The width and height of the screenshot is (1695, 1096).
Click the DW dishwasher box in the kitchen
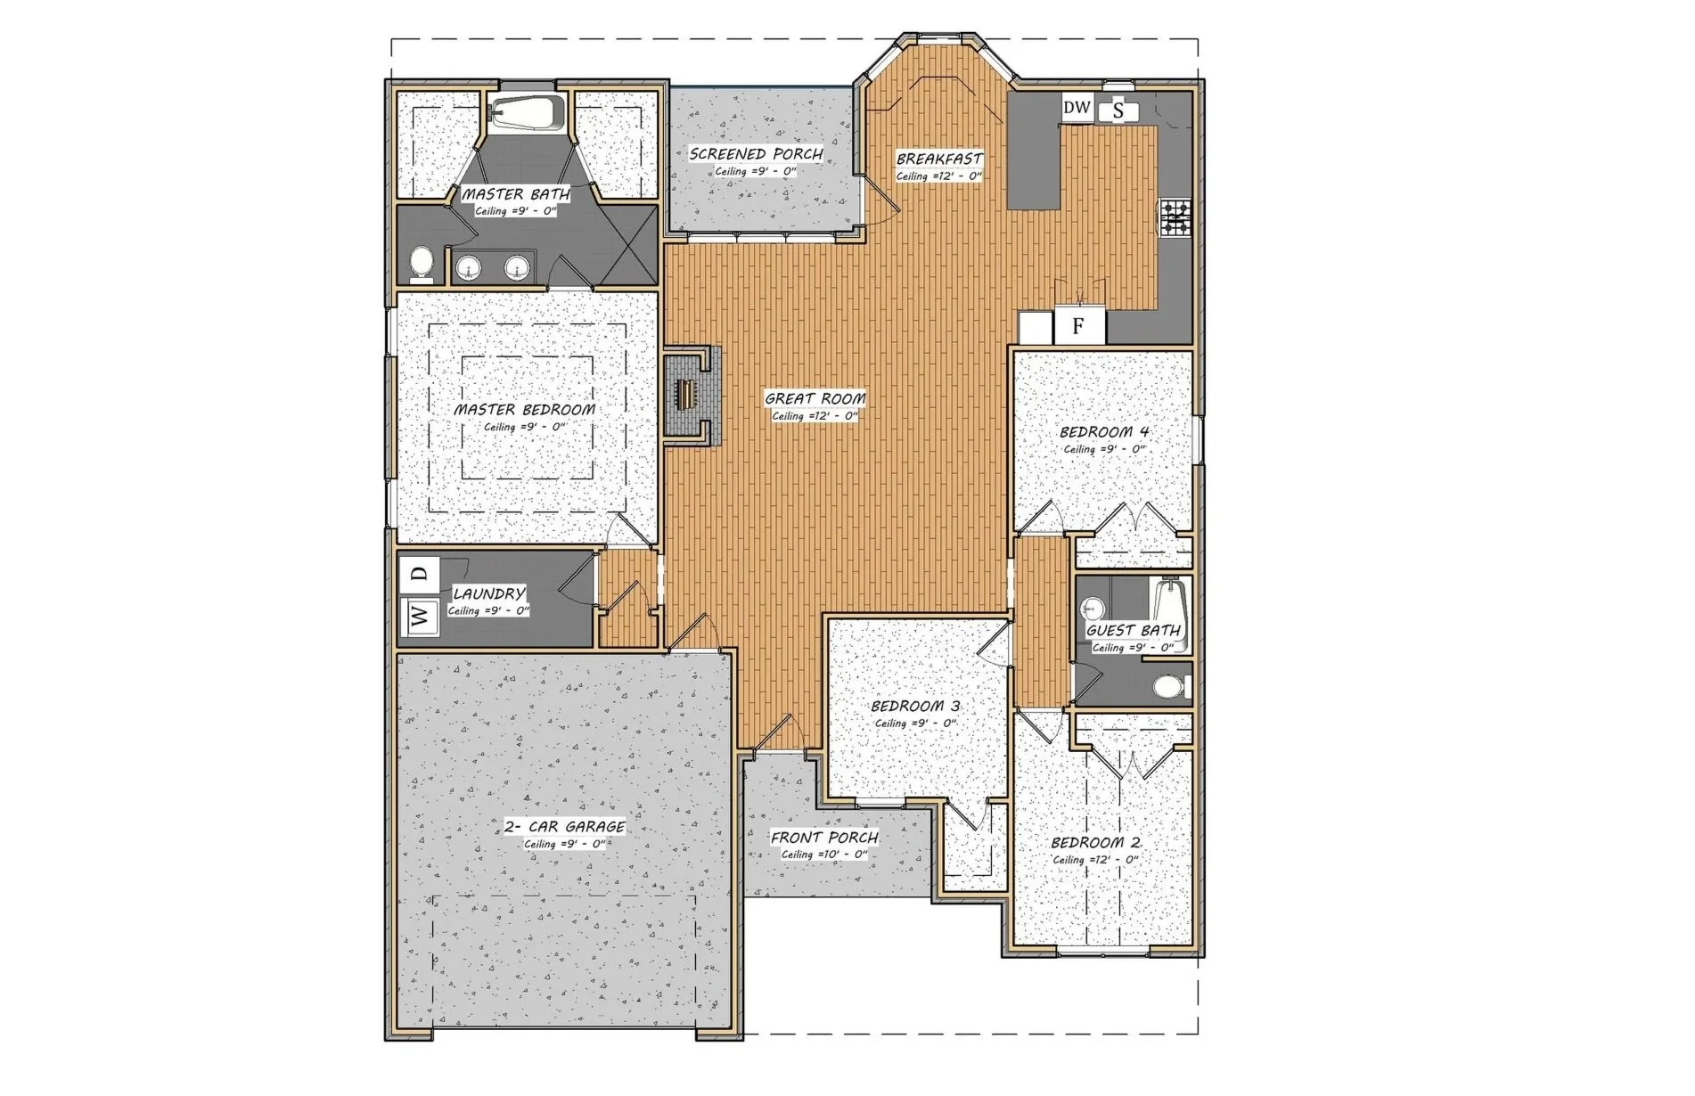click(x=1077, y=108)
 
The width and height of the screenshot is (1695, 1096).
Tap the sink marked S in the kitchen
click(x=1118, y=111)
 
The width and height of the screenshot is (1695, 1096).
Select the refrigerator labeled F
click(x=1078, y=326)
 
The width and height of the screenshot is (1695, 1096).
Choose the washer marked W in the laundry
click(x=421, y=615)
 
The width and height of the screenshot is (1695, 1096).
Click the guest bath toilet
click(x=1171, y=687)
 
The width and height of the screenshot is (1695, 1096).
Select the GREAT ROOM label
click(x=815, y=398)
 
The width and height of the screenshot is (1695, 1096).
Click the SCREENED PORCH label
click(x=756, y=154)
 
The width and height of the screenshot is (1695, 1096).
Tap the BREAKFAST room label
click(x=939, y=159)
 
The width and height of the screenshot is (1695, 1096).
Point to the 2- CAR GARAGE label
click(x=564, y=827)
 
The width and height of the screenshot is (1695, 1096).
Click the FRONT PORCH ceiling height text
click(x=824, y=855)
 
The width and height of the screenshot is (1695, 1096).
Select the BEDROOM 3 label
click(x=914, y=707)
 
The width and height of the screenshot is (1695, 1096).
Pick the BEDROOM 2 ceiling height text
click(x=1096, y=860)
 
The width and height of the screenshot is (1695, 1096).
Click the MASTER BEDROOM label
click(x=524, y=410)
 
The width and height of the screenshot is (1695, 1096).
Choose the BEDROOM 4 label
click(x=1104, y=432)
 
